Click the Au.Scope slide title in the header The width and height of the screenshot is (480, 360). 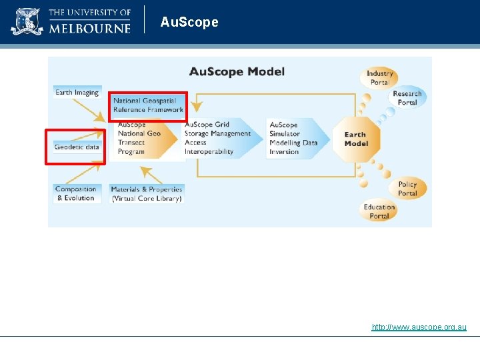coord(189,22)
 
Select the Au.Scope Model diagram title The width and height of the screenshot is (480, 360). coord(237,71)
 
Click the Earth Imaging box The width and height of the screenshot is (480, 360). coord(77,93)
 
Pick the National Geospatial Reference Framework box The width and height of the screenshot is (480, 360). coord(148,105)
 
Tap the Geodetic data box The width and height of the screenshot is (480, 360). coord(77,147)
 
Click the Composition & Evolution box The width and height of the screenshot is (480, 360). coord(76,193)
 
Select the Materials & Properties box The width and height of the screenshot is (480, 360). coord(147,194)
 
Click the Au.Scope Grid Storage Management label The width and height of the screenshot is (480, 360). coord(217,129)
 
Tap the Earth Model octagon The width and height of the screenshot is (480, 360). coord(355,139)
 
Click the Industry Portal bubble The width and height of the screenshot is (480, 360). coord(380,78)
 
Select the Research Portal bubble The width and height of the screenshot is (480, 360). coord(407,98)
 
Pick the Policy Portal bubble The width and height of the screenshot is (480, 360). coord(407,189)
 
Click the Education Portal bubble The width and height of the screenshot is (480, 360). coord(379,211)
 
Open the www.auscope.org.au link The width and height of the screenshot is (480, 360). coord(419,327)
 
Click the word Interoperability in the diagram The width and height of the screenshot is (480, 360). coord(209,151)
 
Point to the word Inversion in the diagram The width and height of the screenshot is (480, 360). coord(284,151)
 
